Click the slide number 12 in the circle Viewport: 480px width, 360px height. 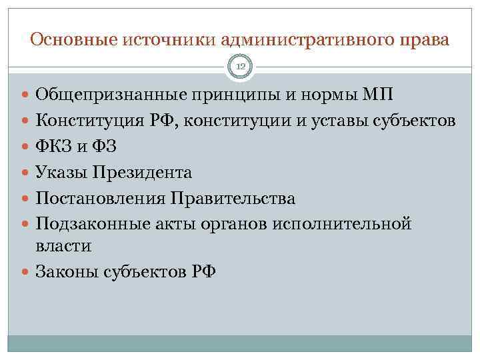[240, 65]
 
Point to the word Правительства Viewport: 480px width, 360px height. [233, 198]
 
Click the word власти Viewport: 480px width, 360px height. [63, 246]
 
